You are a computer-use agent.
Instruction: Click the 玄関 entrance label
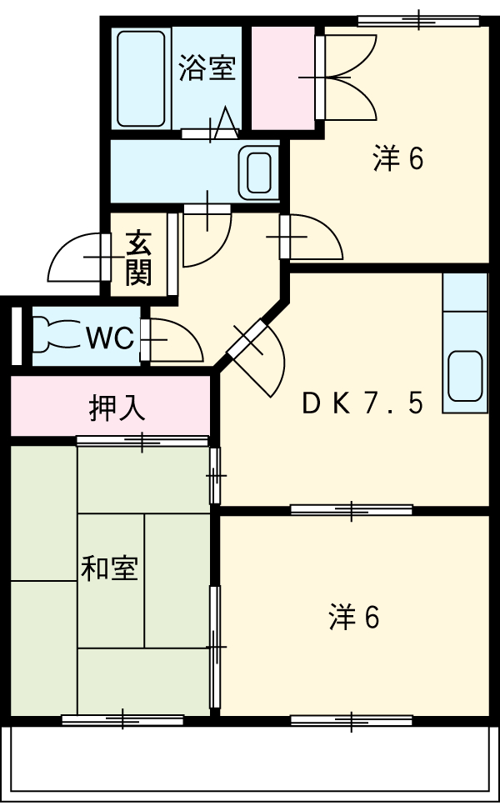pyautogui.click(x=139, y=258)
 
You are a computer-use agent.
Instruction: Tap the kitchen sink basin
pyautogui.click(x=465, y=376)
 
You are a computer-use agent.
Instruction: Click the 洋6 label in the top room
pyautogui.click(x=398, y=158)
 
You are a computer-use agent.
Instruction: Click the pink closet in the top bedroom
pyautogui.click(x=282, y=78)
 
